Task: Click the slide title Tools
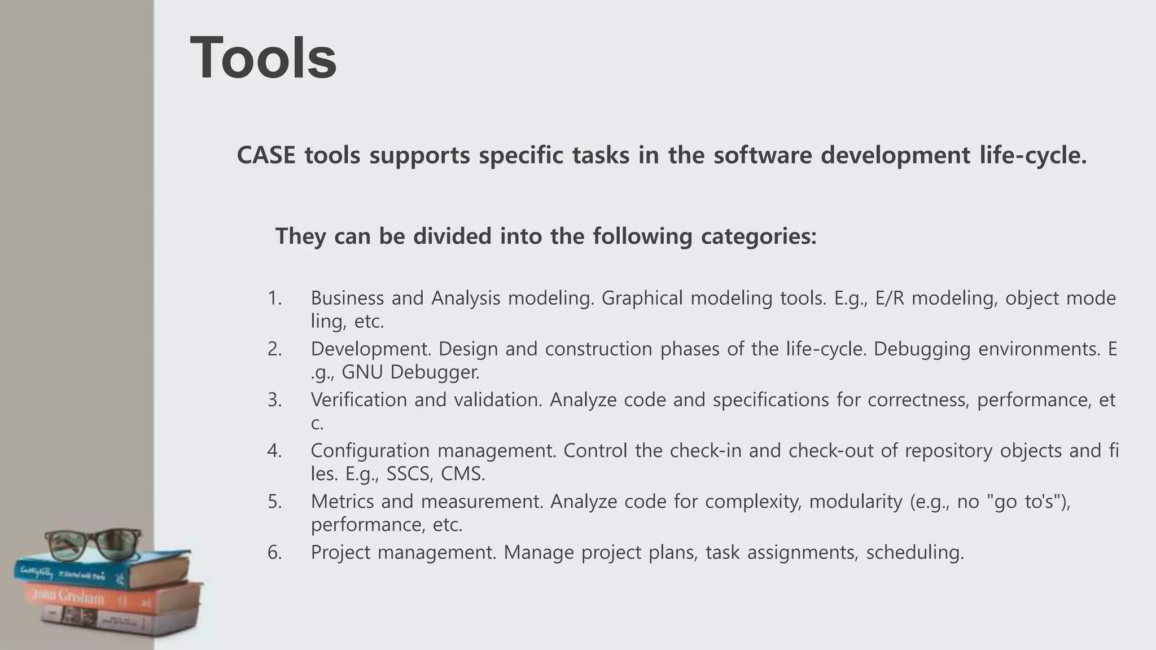[264, 58]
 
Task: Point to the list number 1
[274, 298]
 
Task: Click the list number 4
[274, 450]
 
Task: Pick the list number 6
[274, 552]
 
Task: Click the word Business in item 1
[347, 298]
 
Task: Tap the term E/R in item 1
[890, 298]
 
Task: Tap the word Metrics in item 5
[341, 501]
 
